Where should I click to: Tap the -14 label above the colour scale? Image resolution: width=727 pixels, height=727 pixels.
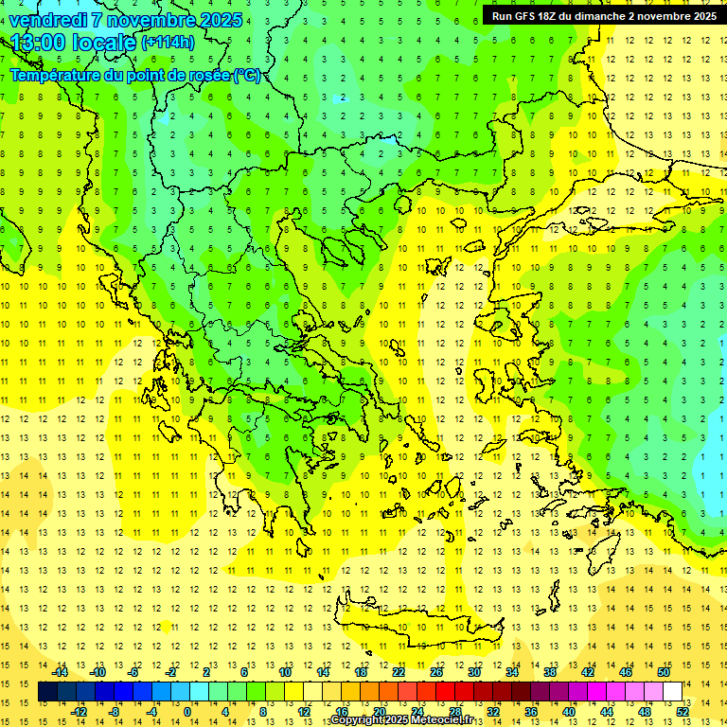[x=60, y=672]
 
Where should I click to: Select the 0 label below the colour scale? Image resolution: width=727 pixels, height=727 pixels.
[x=187, y=712]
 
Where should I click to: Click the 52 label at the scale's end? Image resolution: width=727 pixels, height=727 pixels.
[x=683, y=712]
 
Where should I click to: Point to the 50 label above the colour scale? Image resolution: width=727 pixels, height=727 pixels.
[x=663, y=672]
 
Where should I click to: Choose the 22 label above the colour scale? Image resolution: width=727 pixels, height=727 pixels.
[x=399, y=672]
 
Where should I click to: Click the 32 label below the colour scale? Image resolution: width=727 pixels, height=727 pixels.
[x=493, y=712]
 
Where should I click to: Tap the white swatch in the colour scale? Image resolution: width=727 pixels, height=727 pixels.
[x=672, y=692]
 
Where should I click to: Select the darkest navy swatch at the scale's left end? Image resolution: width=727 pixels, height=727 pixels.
[x=47, y=692]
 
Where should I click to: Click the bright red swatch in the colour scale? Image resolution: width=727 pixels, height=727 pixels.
[x=445, y=692]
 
